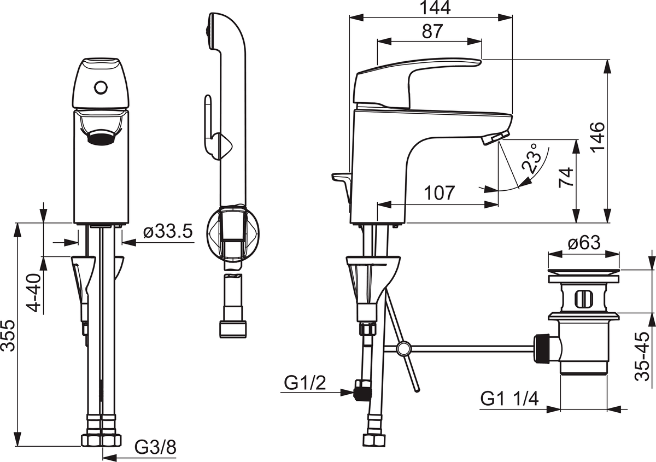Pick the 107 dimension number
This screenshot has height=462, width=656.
[438, 192]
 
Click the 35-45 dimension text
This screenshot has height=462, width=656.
[643, 356]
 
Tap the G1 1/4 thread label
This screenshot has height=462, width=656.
[509, 398]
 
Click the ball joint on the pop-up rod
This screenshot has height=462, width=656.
[404, 348]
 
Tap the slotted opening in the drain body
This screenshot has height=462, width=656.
[583, 299]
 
